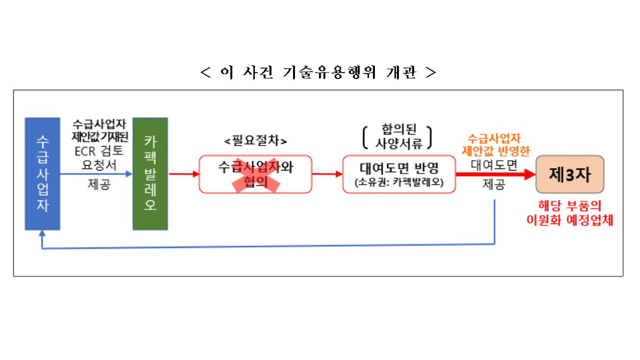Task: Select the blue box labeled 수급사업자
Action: [42, 173]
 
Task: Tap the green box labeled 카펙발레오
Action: [150, 173]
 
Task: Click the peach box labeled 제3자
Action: [570, 174]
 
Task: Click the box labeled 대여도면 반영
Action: [399, 174]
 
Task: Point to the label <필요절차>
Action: [255, 141]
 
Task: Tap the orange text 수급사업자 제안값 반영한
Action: [495, 145]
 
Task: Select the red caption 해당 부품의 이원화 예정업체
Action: [569, 213]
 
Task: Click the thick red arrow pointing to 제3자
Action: [495, 174]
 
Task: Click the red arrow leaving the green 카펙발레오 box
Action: [183, 174]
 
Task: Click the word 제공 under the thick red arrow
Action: [494, 184]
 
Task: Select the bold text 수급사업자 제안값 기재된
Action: [100, 129]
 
